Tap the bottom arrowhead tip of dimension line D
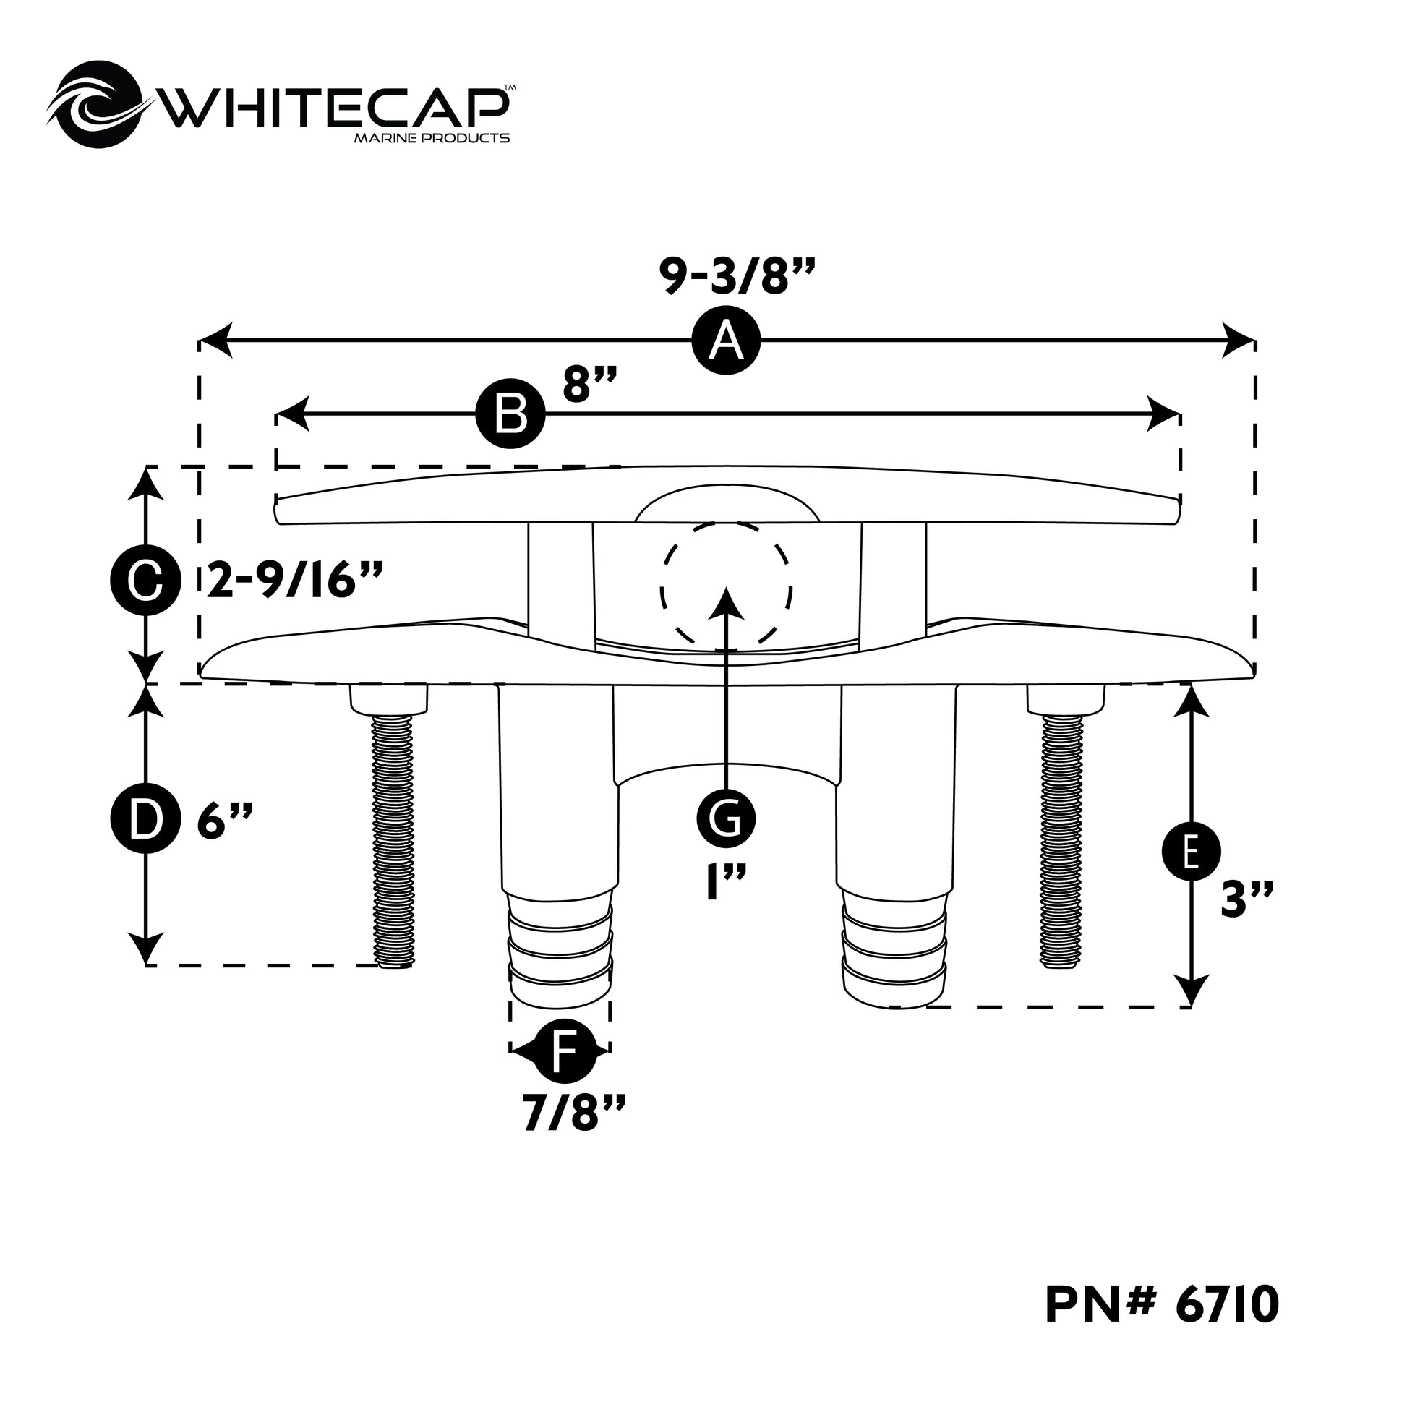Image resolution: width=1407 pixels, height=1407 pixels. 147,965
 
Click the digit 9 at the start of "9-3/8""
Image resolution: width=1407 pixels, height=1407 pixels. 675,277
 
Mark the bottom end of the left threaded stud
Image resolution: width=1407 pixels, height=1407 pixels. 394,966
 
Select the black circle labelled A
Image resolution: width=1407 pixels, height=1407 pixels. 726,341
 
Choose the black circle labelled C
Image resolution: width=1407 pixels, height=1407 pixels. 145,581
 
